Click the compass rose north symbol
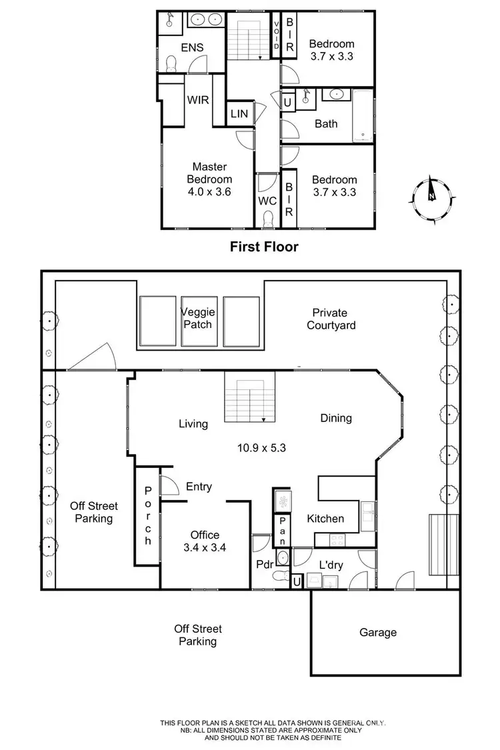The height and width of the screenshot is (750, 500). tap(432, 194)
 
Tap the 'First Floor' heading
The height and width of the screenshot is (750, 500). tap(264, 247)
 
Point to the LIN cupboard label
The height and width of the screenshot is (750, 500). tap(239, 114)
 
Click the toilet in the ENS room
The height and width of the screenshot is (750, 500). tap(171, 63)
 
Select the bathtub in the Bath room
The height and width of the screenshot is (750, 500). tap(363, 117)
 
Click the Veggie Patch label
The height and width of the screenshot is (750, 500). tap(197, 318)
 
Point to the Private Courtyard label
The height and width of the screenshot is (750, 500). tap(331, 319)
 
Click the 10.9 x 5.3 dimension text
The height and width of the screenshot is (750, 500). tap(261, 448)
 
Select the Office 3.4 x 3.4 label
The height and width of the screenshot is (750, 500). tap(205, 541)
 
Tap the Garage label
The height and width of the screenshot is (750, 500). tap(378, 632)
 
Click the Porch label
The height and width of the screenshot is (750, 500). tap(149, 515)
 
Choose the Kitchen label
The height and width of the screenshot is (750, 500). tap(325, 518)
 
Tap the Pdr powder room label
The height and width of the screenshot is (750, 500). tap(264, 565)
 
